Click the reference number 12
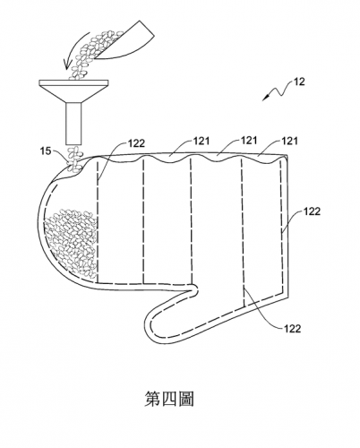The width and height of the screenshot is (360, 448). [299, 82]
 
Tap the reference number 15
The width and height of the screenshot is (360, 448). [46, 151]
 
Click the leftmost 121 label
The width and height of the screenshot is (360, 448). [201, 141]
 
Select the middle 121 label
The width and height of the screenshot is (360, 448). [249, 140]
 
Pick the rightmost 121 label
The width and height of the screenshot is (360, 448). [289, 141]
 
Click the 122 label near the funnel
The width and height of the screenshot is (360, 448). [136, 143]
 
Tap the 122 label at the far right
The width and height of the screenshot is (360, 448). [312, 211]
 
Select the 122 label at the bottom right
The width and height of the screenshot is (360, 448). [292, 329]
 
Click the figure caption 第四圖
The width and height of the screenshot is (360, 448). [169, 399]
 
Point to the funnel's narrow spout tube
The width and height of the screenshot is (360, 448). [73, 123]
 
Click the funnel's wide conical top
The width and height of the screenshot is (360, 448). [73, 91]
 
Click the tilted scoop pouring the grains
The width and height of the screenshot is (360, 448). [126, 41]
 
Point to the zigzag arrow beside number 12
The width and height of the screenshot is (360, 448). [277, 90]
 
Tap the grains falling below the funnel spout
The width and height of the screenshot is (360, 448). [74, 159]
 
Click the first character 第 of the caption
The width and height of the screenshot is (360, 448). [152, 399]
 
